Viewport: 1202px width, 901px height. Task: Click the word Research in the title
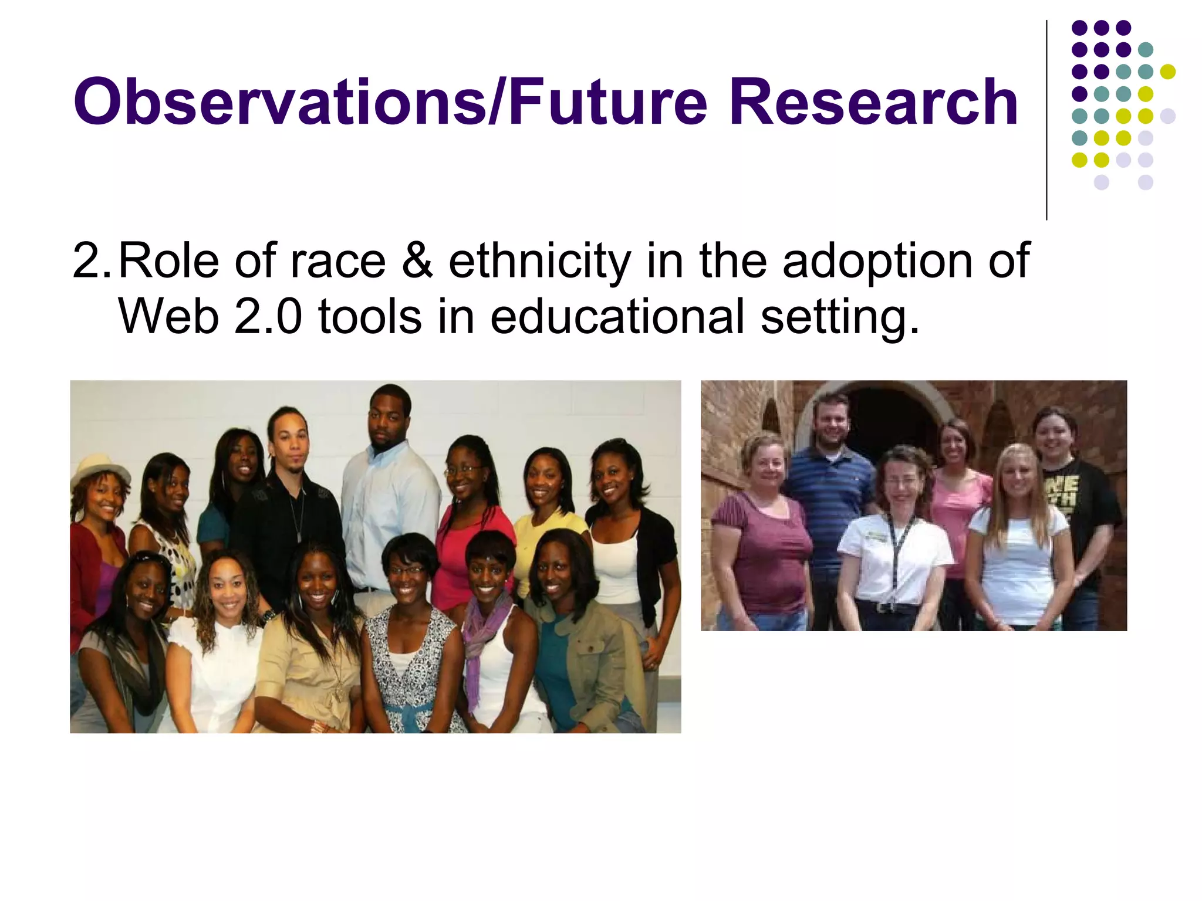(873, 103)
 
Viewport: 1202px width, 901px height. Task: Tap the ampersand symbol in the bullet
(417, 261)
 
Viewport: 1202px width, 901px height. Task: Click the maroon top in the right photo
(763, 551)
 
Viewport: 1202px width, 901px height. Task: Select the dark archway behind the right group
(892, 422)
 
